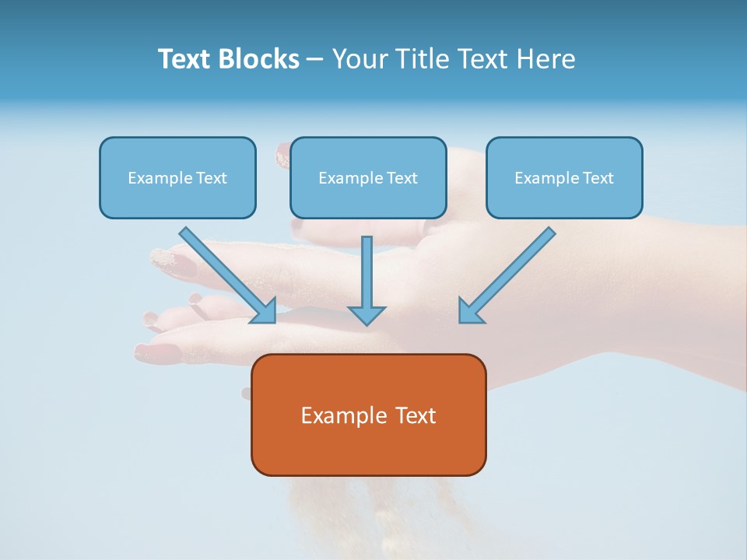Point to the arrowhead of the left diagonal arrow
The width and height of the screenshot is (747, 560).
click(266, 313)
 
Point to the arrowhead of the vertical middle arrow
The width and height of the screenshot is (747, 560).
click(366, 315)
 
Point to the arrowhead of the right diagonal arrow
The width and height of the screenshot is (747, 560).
click(470, 313)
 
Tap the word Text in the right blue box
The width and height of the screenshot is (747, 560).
click(598, 178)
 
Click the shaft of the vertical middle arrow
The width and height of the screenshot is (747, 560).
click(366, 268)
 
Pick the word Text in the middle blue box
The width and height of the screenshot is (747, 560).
click(402, 178)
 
